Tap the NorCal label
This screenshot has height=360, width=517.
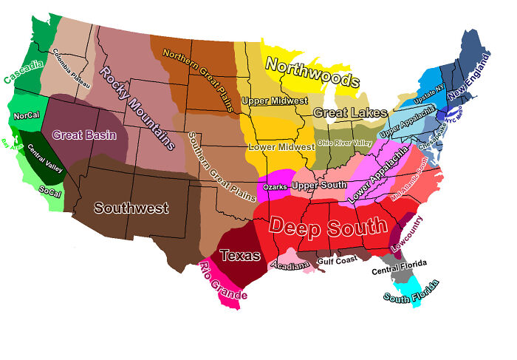pos(26,116)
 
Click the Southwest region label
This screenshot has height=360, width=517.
pos(131,208)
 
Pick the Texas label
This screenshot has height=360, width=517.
pos(241,256)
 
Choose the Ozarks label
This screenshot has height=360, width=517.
pos(275,187)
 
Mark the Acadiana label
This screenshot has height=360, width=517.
pos(290,265)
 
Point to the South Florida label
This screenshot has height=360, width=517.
pos(411,292)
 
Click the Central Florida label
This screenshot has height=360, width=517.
pos(400,269)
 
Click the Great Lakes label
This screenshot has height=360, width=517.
pos(350,112)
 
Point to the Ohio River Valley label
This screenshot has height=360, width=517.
pos(343,142)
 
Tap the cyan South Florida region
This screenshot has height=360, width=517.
pos(417,285)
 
